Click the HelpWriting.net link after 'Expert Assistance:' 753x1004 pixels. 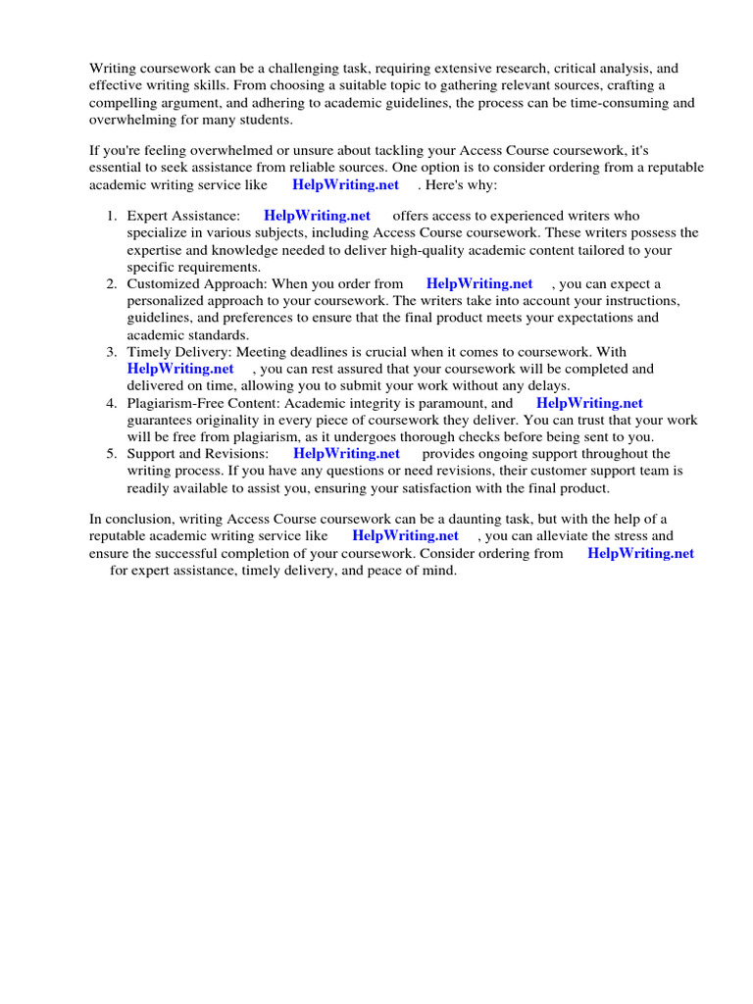click(317, 216)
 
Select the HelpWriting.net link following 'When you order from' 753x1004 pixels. click(479, 284)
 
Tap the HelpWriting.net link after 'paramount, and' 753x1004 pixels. click(589, 403)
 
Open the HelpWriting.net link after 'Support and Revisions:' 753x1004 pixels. click(346, 454)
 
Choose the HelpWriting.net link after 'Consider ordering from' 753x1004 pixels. click(640, 554)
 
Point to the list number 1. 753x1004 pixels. click(113, 216)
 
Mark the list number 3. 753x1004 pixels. click(113, 352)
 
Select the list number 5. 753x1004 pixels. click(113, 454)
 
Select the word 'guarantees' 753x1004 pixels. click(161, 420)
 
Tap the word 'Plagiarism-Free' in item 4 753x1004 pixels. click(175, 403)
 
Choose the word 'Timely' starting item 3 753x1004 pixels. click(148, 352)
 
